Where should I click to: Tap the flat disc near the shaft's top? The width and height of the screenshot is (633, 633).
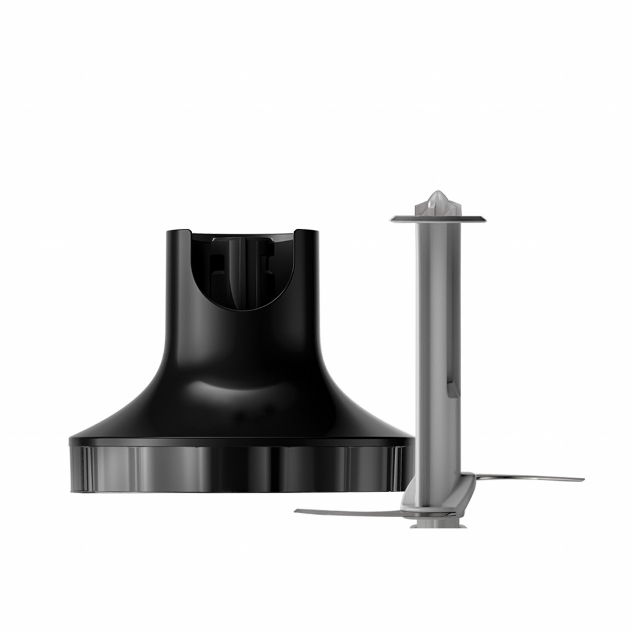[x=438, y=218]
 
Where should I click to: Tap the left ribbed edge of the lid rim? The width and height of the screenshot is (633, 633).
[x=80, y=469]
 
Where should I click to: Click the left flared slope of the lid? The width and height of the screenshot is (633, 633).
[x=124, y=414]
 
